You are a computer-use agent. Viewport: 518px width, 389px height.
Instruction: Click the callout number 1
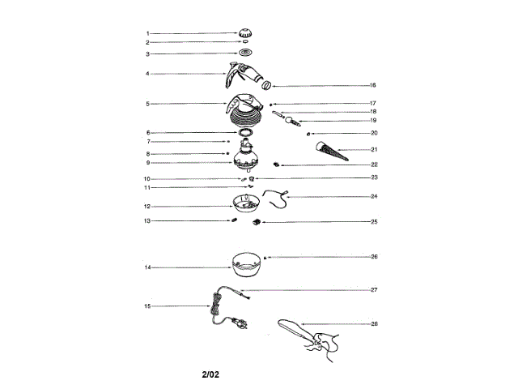pyautogui.click(x=147, y=33)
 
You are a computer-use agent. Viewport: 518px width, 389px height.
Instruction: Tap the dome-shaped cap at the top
pyautogui.click(x=246, y=34)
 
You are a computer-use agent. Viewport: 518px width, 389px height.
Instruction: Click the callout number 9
pyautogui.click(x=147, y=161)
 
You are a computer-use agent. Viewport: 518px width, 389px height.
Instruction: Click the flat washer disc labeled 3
pyautogui.click(x=246, y=53)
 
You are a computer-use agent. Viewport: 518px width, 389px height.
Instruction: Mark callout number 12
pyautogui.click(x=147, y=206)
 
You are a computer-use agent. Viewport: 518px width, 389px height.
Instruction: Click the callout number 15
pyautogui.click(x=147, y=306)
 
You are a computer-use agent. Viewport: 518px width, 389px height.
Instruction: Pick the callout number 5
pyautogui.click(x=147, y=104)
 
